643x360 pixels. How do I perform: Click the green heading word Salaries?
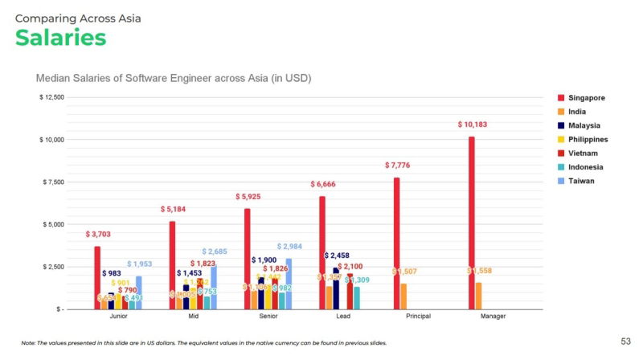click(x=61, y=37)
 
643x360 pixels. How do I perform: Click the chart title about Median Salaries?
click(x=174, y=78)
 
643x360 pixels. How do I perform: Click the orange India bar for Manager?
click(x=479, y=295)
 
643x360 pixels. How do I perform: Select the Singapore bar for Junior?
click(x=98, y=277)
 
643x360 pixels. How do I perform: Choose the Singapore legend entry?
click(x=584, y=97)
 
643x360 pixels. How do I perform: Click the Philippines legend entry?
click(x=584, y=139)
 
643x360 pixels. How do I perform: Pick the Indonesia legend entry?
click(x=584, y=167)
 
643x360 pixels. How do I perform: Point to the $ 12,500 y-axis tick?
click(x=51, y=97)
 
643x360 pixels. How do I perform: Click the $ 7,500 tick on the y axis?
click(x=53, y=182)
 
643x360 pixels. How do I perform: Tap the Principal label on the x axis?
click(x=418, y=317)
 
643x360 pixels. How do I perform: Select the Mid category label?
click(x=192, y=317)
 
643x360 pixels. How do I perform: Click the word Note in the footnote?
click(x=29, y=343)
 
